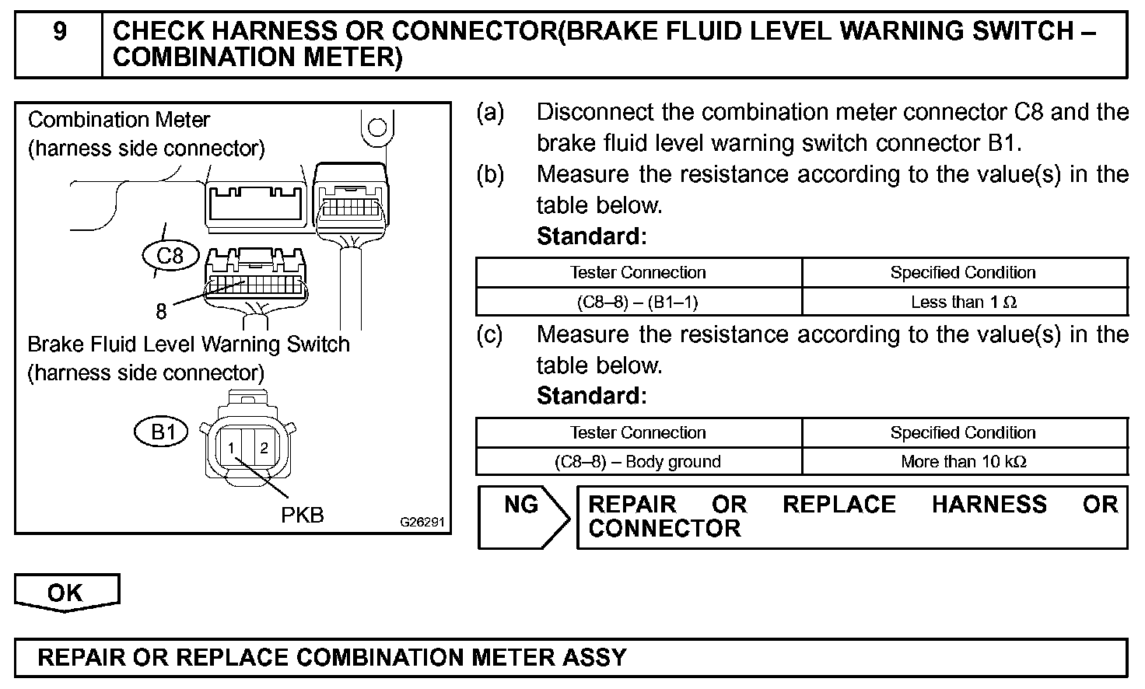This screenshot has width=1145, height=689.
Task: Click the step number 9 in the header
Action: [x=60, y=32]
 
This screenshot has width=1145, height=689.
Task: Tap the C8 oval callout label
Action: [x=170, y=255]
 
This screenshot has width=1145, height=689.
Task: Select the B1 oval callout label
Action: [x=163, y=431]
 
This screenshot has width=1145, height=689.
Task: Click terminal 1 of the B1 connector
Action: [x=231, y=448]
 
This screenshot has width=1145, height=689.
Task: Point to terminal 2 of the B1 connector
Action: [x=264, y=448]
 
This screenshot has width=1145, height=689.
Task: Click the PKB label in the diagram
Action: [x=302, y=514]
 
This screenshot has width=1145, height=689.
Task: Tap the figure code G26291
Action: [x=422, y=522]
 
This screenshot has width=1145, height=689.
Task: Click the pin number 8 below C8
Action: [x=161, y=312]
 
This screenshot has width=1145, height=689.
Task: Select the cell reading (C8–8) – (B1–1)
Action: [x=638, y=302]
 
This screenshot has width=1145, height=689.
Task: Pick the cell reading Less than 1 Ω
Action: [x=964, y=302]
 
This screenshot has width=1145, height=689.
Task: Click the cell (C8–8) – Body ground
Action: [x=638, y=461]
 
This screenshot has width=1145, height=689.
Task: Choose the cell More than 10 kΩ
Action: [x=964, y=461]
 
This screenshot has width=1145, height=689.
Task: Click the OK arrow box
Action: [x=65, y=593]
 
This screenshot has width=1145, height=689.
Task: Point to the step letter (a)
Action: [x=490, y=113]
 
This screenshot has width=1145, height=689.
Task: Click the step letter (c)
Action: [x=490, y=335]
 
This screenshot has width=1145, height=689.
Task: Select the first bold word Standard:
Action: [x=591, y=236]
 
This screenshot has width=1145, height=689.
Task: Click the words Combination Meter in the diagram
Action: [x=119, y=120]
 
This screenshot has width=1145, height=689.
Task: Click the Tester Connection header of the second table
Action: [x=638, y=432]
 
